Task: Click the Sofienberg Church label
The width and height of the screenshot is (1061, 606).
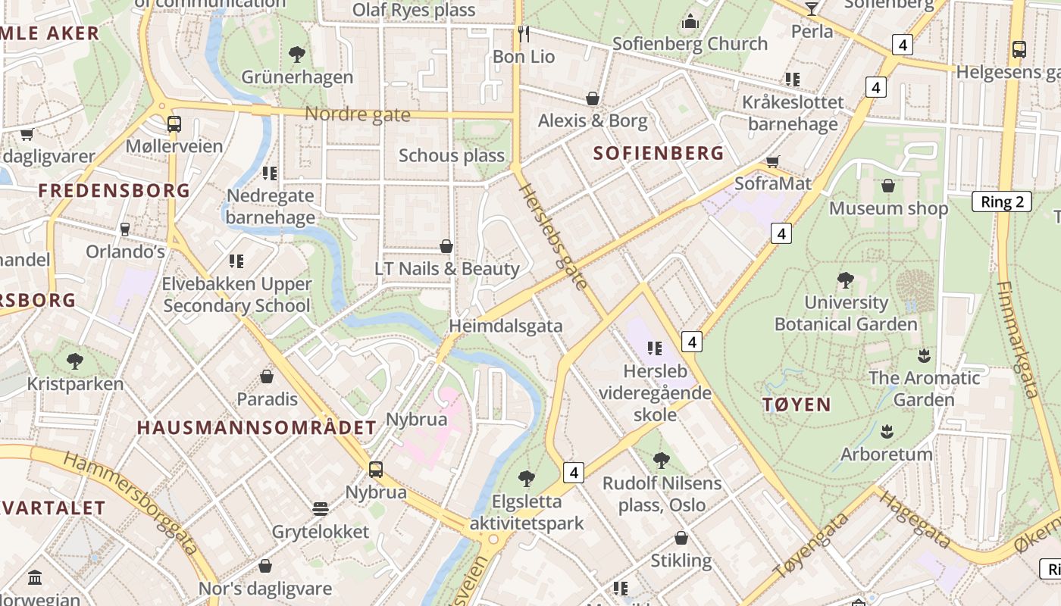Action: (x=690, y=44)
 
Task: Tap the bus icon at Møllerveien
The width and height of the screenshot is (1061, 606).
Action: (x=174, y=123)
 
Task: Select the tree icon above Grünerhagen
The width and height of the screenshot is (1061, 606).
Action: (x=297, y=54)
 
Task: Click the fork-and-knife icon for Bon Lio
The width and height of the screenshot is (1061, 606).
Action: (x=523, y=34)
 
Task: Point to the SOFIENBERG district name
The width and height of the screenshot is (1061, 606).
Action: (x=658, y=154)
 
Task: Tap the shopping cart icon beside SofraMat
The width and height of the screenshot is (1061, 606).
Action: (x=773, y=161)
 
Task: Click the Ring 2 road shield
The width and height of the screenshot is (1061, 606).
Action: (x=1002, y=201)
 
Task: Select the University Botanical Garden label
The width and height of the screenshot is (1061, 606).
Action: (x=845, y=314)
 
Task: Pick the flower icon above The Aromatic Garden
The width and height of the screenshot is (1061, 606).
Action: (x=924, y=355)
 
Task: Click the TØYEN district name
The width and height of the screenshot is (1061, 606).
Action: (x=797, y=405)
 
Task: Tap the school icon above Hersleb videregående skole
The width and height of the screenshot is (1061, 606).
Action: (x=655, y=348)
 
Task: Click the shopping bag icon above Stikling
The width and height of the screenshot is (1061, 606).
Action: (x=681, y=538)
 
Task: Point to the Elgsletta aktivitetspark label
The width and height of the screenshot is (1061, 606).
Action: (x=527, y=512)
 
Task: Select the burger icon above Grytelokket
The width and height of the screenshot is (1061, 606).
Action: (x=321, y=508)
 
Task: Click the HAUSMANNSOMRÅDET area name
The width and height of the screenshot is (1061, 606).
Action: (x=256, y=427)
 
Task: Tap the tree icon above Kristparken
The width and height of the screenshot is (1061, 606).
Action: (x=74, y=361)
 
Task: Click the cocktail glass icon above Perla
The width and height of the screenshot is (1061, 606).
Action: (x=812, y=8)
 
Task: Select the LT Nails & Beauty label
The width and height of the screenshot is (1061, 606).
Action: (x=447, y=269)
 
